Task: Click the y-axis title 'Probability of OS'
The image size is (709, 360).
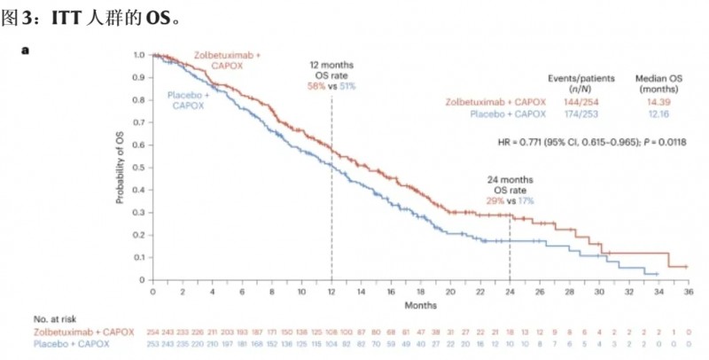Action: (121, 168)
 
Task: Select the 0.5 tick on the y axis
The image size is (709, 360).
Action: (138, 167)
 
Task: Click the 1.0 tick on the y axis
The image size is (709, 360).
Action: (138, 55)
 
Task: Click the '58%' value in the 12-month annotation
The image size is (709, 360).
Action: (316, 86)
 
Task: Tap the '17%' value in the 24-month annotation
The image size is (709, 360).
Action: (524, 201)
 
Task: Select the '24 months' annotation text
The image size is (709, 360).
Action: (510, 180)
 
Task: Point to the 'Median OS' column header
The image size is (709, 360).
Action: (656, 78)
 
